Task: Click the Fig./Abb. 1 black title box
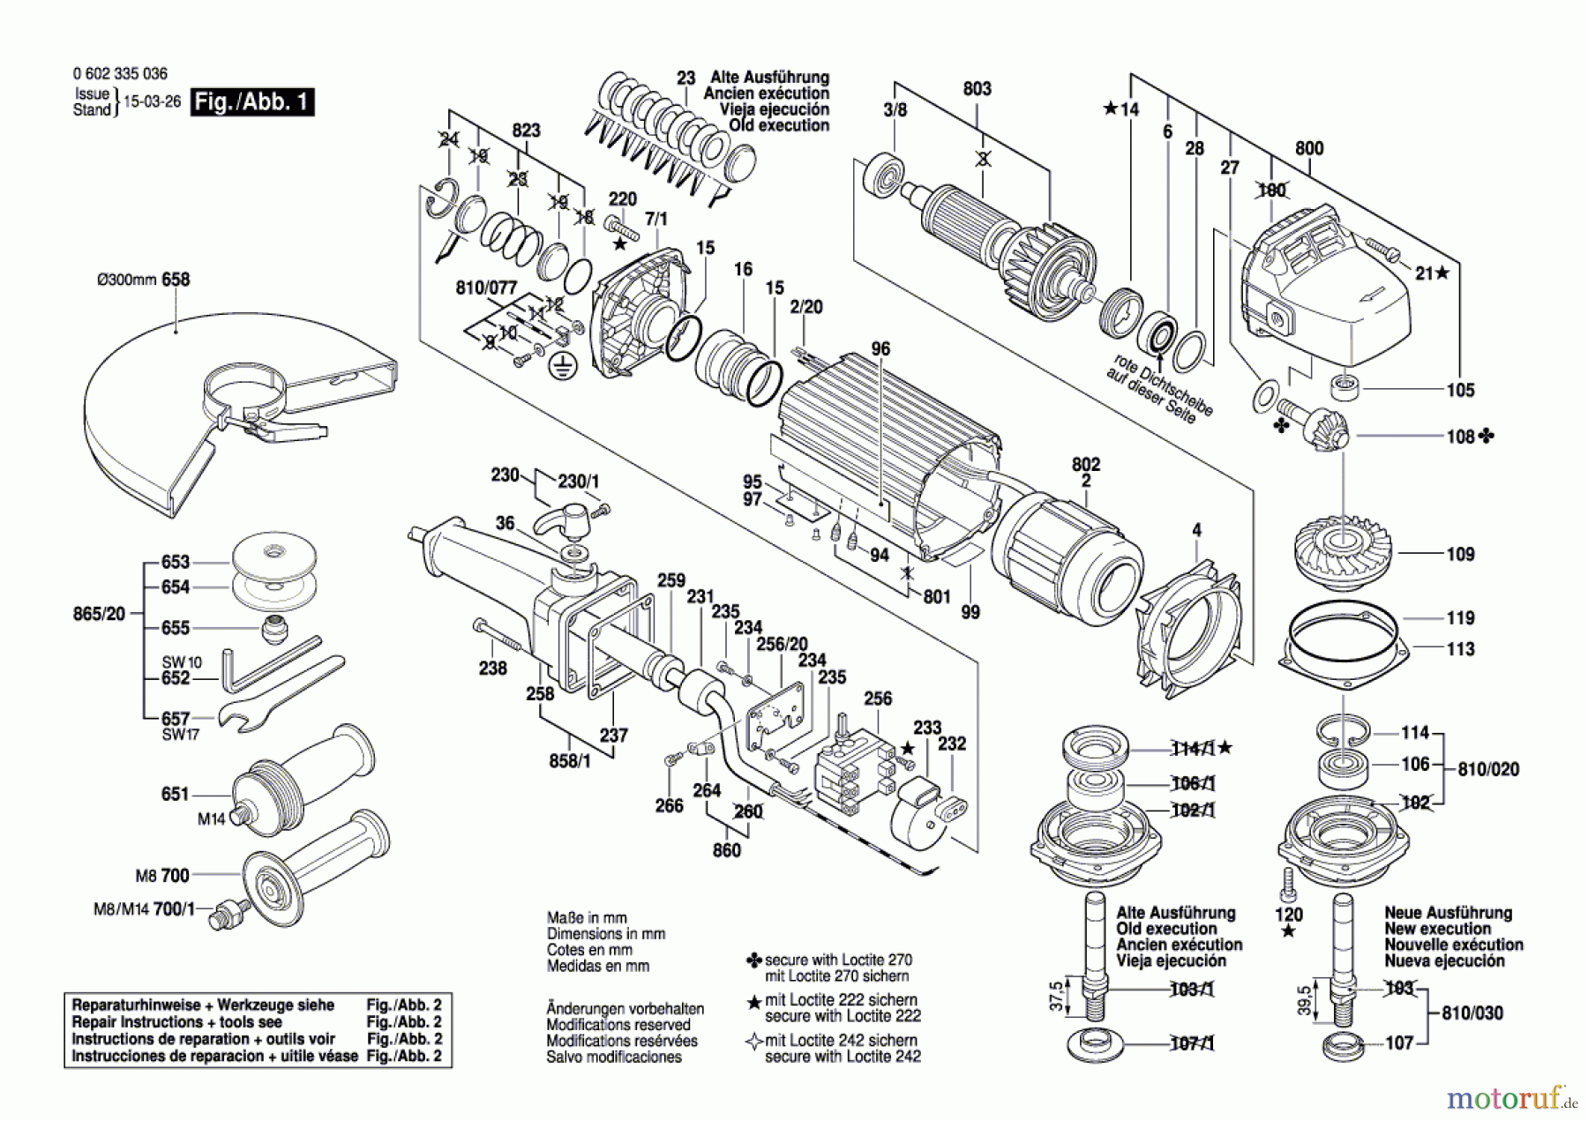coord(252,102)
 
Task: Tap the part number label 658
coord(176,280)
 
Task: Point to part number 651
coord(175,794)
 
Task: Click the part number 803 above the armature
coord(977,89)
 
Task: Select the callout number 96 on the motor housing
coord(880,349)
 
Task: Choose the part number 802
coord(1086,464)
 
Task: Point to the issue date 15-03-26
coord(152,102)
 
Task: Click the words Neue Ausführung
coord(1448,913)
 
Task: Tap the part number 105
coord(1460,390)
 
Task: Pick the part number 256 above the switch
coord(878,699)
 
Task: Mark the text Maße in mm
coord(587,917)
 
